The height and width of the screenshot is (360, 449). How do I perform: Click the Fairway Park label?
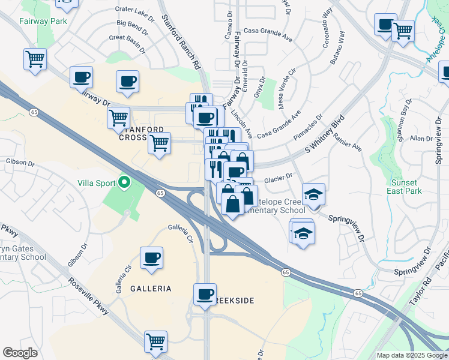pos(42,20)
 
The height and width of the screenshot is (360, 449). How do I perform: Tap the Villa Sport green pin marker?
pos(125,181)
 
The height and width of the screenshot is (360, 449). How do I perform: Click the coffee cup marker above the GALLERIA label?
pos(151,258)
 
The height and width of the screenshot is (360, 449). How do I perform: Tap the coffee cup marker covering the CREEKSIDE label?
pos(205,295)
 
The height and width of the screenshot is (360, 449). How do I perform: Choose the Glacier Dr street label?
pos(278,178)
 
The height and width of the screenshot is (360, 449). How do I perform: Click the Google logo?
pos(20,353)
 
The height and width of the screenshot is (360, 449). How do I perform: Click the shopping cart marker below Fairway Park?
pos(35,60)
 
